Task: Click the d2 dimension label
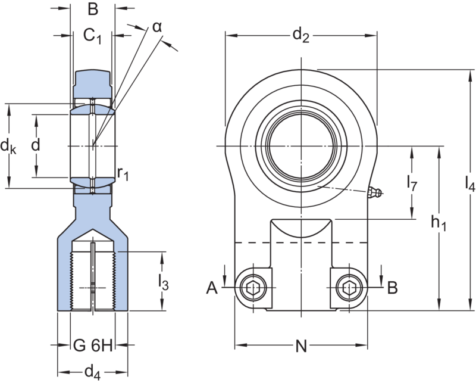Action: [x=300, y=35]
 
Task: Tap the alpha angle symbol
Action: [x=157, y=27]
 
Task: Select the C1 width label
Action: [x=92, y=36]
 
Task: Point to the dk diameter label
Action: [x=8, y=147]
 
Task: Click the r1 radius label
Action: [x=123, y=174]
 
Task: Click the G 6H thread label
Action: [x=93, y=345]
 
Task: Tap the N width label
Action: [x=301, y=346]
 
